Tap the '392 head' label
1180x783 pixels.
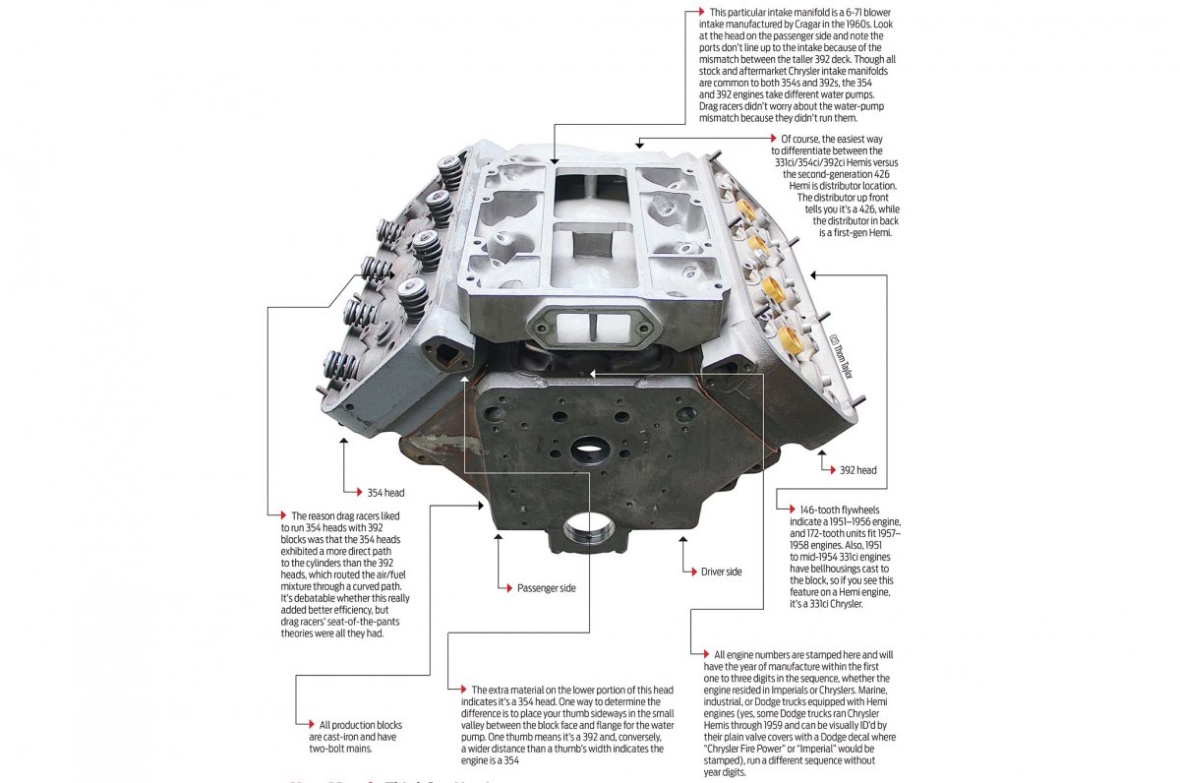(x=857, y=470)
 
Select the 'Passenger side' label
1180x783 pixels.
(x=546, y=588)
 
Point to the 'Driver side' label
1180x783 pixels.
(x=721, y=571)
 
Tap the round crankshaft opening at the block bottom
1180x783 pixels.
(x=588, y=528)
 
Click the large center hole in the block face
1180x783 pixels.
(x=588, y=452)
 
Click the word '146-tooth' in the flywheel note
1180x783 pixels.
(x=822, y=509)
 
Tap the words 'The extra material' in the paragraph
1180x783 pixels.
(x=507, y=690)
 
